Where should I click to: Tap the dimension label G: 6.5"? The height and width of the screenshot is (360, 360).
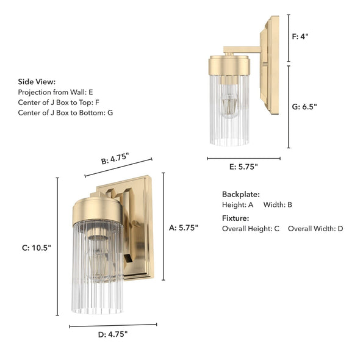tap(304, 106)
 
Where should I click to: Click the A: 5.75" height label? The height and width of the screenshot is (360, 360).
tap(184, 228)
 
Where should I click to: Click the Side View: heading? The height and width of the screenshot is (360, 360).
tap(37, 81)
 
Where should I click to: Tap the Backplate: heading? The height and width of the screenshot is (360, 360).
tap(240, 194)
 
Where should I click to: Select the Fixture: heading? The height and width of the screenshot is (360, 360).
tap(236, 218)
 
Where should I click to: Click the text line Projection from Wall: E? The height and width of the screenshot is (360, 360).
tap(56, 92)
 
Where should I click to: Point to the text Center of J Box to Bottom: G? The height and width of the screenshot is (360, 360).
tap(65, 113)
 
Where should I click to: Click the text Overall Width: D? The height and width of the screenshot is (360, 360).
tap(315, 229)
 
